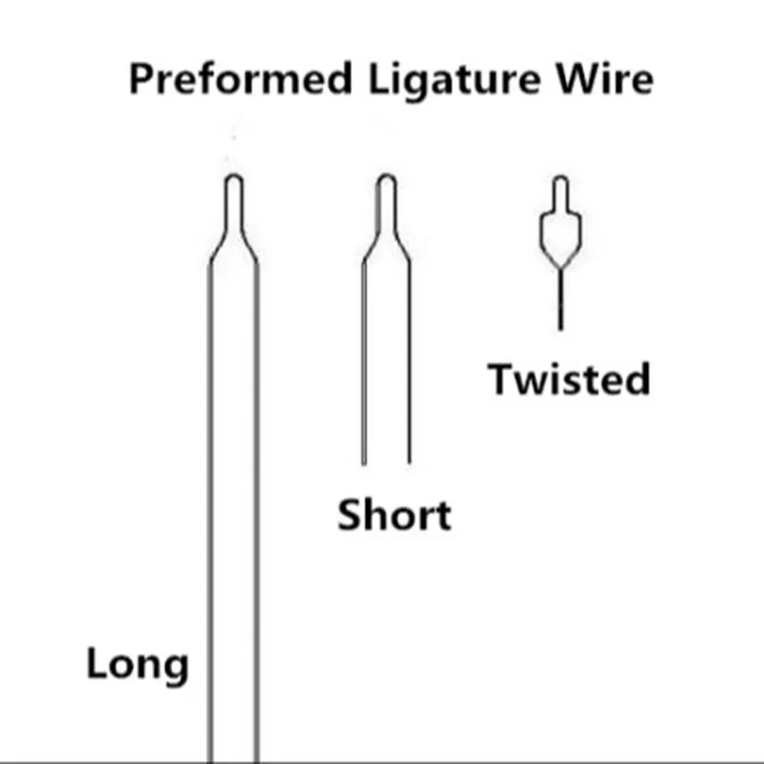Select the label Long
(x=138, y=665)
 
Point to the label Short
(x=393, y=516)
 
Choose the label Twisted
(x=570, y=379)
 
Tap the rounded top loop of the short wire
(x=386, y=181)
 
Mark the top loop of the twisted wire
(x=562, y=183)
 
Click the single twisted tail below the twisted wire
(x=562, y=301)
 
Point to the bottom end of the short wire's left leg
(x=363, y=461)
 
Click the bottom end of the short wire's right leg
(x=410, y=461)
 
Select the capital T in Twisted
(x=502, y=378)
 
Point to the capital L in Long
(x=97, y=665)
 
